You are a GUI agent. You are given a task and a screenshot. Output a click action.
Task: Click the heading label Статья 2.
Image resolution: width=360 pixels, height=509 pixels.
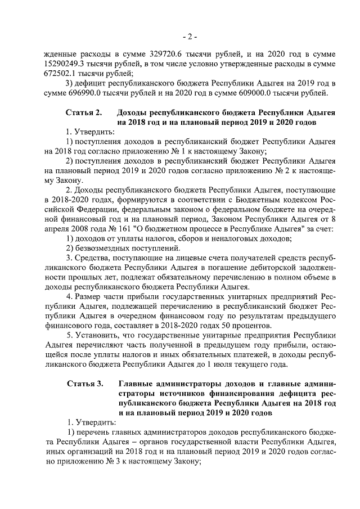click(x=84, y=112)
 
